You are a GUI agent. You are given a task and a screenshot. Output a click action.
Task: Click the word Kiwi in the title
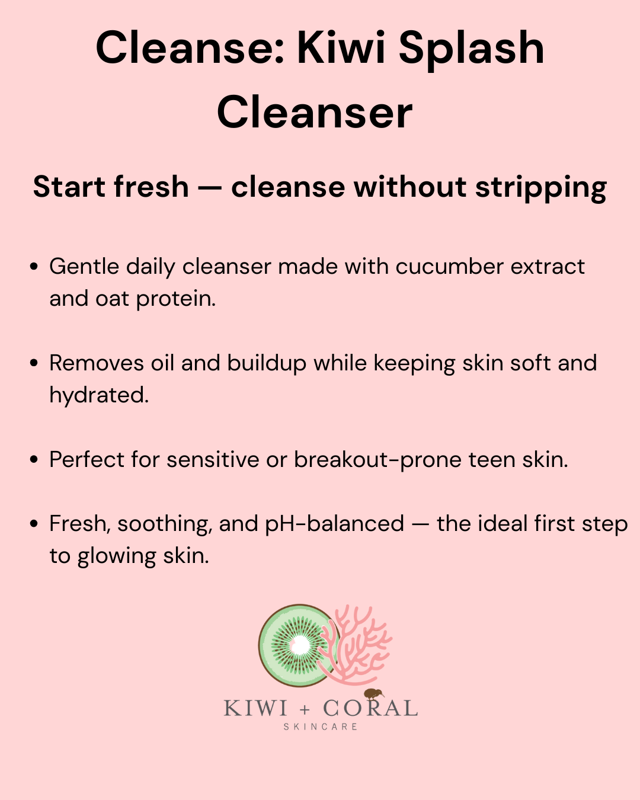(341, 48)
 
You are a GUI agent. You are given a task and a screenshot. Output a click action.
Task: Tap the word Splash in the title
(471, 48)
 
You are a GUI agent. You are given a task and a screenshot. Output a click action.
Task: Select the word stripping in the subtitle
(540, 187)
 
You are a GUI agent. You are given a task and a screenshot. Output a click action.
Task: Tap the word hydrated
(99, 395)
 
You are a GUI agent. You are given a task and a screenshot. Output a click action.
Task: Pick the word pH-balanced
(334, 524)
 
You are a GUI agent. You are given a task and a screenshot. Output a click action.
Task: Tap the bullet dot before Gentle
(34, 267)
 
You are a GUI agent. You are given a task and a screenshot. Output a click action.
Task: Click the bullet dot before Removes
(34, 364)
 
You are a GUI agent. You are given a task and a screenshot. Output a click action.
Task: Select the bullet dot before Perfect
(34, 460)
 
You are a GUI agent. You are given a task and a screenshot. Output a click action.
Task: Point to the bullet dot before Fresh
(34, 524)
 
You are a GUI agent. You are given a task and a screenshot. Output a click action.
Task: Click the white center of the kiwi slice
(300, 645)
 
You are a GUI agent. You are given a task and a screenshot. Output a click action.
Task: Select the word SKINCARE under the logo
(320, 727)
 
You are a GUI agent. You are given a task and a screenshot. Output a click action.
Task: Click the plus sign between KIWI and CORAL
(305, 709)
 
